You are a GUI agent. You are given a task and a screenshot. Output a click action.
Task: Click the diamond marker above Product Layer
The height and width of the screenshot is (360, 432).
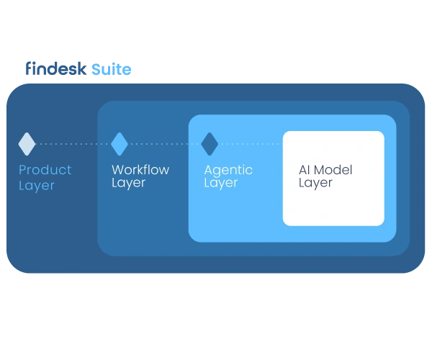pyautogui.click(x=27, y=144)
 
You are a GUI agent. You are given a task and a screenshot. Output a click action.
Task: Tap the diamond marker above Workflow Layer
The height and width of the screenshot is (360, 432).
pyautogui.click(x=120, y=144)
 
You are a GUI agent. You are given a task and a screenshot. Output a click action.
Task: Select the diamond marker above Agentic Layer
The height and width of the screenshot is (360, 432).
pyautogui.click(x=210, y=144)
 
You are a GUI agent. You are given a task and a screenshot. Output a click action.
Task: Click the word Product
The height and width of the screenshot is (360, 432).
pyautogui.click(x=45, y=170)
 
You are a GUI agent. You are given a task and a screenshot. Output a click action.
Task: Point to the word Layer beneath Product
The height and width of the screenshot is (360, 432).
pyautogui.click(x=37, y=185)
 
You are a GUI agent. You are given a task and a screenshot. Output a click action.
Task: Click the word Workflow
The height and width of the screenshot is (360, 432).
pyautogui.click(x=140, y=170)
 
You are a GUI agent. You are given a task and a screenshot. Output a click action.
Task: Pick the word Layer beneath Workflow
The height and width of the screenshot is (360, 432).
pyautogui.click(x=128, y=183)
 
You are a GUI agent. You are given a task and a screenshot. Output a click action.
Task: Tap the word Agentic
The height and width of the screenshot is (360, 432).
pyautogui.click(x=228, y=171)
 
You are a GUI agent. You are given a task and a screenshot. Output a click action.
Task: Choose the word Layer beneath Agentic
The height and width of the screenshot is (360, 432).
pyautogui.click(x=220, y=183)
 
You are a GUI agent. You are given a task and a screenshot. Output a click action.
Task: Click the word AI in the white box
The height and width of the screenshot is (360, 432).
pyautogui.click(x=306, y=171)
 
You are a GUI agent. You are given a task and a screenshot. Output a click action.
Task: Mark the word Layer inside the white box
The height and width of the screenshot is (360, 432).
pyautogui.click(x=315, y=183)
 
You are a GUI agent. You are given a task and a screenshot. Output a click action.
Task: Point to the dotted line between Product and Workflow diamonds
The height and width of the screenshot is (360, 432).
pyautogui.click(x=73, y=144)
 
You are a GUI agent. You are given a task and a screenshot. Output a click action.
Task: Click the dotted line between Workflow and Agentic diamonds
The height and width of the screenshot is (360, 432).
pyautogui.click(x=165, y=144)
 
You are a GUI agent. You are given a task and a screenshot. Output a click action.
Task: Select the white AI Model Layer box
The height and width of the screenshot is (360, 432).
pyautogui.click(x=333, y=205)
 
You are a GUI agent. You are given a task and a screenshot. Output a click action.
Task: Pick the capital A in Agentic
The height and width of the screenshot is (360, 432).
pyautogui.click(x=209, y=170)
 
